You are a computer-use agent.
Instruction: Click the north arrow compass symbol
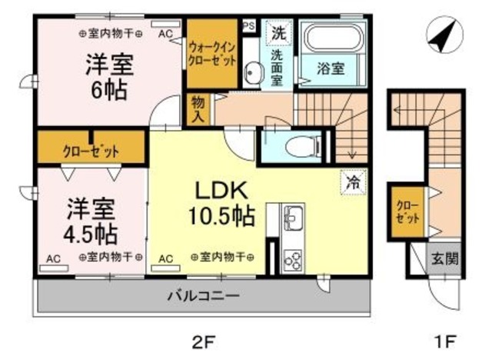[444, 35]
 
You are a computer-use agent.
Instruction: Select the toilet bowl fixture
[304, 146]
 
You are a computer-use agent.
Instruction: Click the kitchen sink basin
[293, 216]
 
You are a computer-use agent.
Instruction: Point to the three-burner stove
[293, 260]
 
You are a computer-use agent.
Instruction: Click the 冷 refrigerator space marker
[354, 182]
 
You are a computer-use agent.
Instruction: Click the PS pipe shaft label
[249, 25]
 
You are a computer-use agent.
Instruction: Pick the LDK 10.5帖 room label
[221, 204]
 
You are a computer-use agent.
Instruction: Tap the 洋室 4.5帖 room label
[91, 222]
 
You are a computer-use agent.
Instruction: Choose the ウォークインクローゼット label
[212, 54]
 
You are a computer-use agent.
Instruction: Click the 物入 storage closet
[198, 109]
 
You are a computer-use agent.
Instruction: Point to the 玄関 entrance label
[444, 259]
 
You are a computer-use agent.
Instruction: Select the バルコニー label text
[203, 295]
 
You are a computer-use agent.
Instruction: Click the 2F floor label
[203, 342]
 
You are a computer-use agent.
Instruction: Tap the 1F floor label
[444, 342]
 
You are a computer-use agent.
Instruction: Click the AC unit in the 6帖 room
[166, 24]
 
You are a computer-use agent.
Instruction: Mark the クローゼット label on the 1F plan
[407, 212]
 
